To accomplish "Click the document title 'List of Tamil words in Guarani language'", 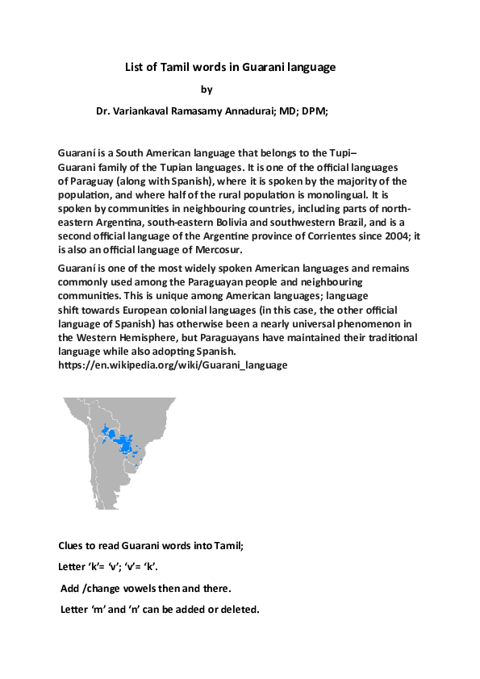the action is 230,68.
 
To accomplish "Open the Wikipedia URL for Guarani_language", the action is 173,365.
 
